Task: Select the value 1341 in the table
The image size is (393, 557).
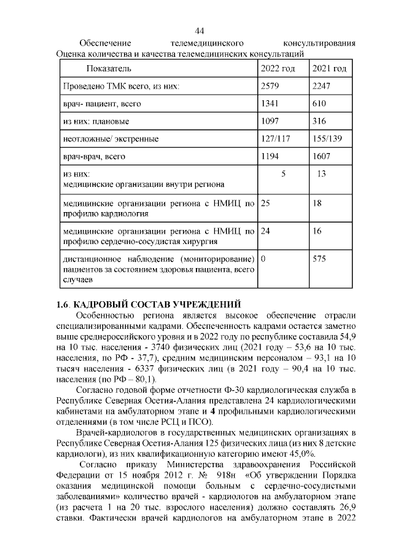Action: coord(270,104)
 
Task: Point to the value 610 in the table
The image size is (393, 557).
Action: coord(319,104)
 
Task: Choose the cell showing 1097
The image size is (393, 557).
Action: coord(270,121)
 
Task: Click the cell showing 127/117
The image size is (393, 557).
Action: coord(275,139)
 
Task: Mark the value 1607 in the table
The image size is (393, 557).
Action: coord(322,157)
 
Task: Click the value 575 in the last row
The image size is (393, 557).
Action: coord(319,259)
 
